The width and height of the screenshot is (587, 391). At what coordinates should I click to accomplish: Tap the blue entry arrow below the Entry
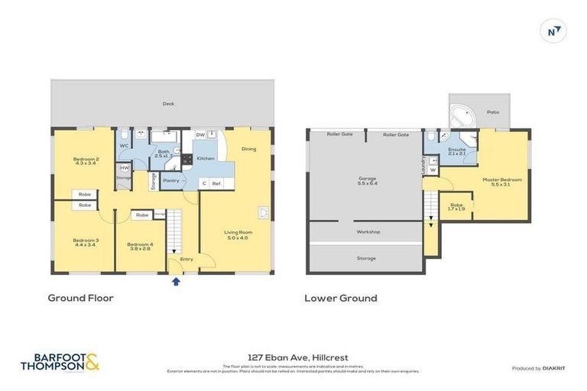pyautogui.click(x=177, y=281)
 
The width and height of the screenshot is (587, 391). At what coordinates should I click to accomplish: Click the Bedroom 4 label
pyautogui.click(x=141, y=246)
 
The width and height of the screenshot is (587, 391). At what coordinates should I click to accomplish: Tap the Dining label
pyautogui.click(x=248, y=149)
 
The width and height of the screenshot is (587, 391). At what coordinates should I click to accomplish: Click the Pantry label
pyautogui.click(x=170, y=180)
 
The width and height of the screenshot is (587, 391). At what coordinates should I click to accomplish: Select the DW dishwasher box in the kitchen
pyautogui.click(x=200, y=134)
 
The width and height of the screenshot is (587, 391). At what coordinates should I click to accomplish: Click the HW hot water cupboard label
pyautogui.click(x=125, y=167)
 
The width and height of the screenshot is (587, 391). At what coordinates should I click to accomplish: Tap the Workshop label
pyautogui.click(x=368, y=231)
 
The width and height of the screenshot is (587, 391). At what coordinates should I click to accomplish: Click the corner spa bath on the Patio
pyautogui.click(x=463, y=117)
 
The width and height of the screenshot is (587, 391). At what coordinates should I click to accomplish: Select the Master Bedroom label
pyautogui.click(x=501, y=182)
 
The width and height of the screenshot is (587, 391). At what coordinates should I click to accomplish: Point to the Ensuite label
pyautogui.click(x=456, y=150)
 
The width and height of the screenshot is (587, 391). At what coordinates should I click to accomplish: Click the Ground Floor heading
pyautogui.click(x=80, y=298)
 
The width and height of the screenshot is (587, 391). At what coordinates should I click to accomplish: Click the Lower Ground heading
pyautogui.click(x=340, y=298)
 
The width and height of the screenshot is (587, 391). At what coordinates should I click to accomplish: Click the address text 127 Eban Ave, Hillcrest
pyautogui.click(x=293, y=356)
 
